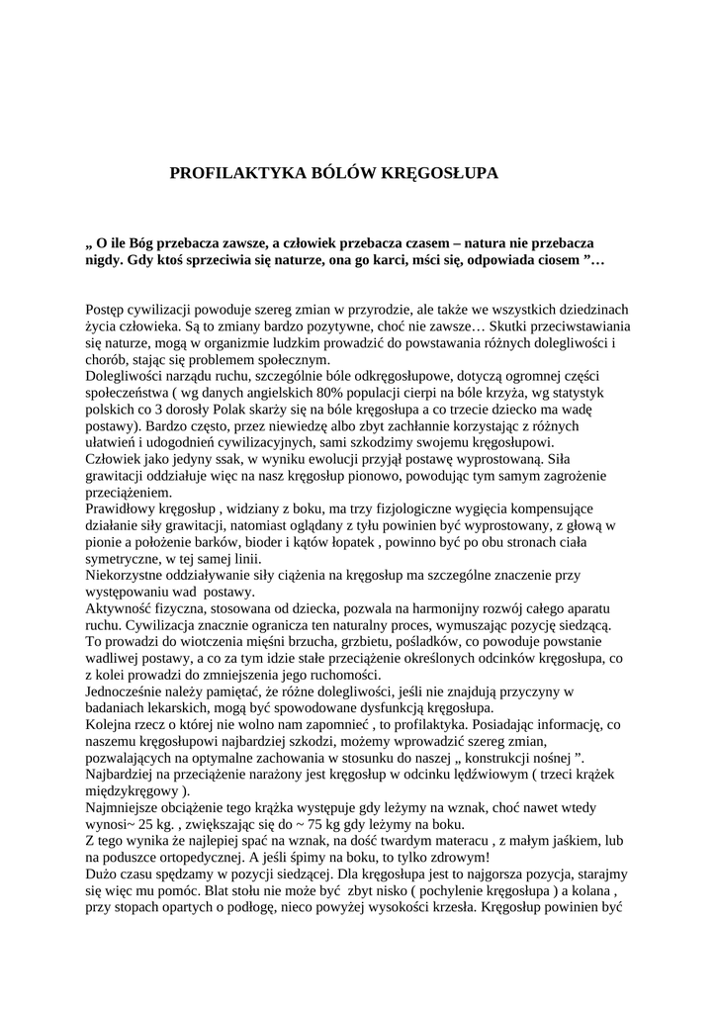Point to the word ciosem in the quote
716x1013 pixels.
pos(557,259)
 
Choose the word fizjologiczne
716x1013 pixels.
pos(425,509)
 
